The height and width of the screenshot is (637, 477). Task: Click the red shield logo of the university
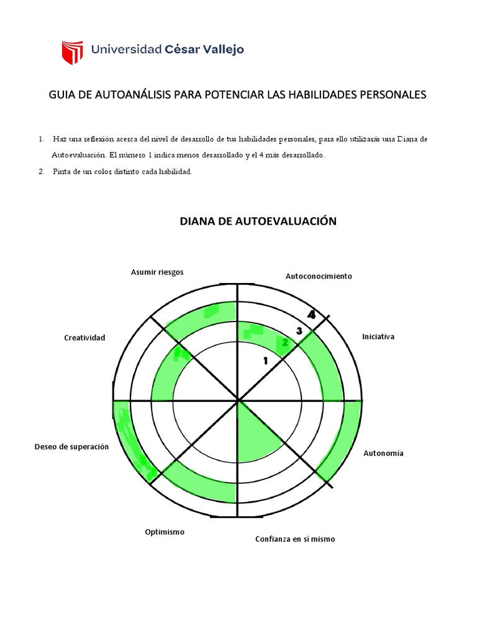point(72,54)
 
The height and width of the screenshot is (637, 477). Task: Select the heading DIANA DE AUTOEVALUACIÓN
point(258,221)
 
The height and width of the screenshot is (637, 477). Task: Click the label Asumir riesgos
point(157,272)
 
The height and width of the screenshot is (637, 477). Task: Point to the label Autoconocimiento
point(319,276)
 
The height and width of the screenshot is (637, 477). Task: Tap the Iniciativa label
point(378,337)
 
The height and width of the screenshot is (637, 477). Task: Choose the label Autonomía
point(383,453)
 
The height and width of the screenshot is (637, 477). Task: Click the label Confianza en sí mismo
point(294,539)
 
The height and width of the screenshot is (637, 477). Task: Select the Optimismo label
point(165,532)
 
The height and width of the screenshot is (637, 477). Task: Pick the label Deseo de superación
point(71,447)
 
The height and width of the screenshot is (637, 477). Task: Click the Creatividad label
point(84,337)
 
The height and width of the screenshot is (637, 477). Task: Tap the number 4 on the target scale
point(311,315)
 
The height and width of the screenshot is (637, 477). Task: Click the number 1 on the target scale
point(265,360)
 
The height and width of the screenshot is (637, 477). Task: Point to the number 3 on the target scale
point(299,331)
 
